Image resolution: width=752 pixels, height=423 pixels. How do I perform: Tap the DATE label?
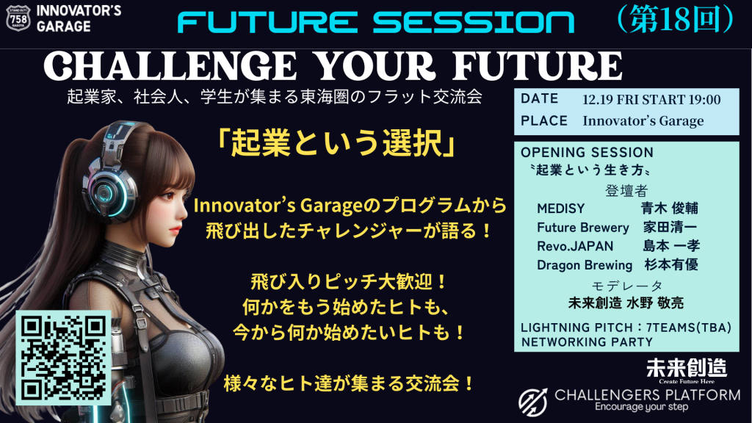tap(539, 98)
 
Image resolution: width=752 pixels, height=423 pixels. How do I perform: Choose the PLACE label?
tap(543, 120)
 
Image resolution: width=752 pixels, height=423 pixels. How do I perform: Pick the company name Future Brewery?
tap(582, 227)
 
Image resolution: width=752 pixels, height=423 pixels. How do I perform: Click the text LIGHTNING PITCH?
tap(571, 327)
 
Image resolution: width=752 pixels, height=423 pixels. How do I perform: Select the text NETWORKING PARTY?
tap(586, 341)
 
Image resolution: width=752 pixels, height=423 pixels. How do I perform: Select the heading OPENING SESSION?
tap(586, 153)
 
